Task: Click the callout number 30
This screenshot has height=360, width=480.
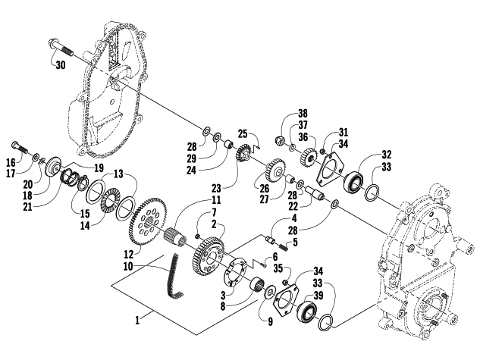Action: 61,65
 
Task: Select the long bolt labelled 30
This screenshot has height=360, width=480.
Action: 61,48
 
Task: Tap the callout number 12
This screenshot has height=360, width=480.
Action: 129,254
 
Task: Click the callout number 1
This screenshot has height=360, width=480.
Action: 137,321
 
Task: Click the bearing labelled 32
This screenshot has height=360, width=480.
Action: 353,183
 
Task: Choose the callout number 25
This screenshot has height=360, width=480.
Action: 243,133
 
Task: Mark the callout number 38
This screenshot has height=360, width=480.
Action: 303,114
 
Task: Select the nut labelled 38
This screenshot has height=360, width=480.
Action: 280,140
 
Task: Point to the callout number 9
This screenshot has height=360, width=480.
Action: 270,322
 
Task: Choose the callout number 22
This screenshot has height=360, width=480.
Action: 293,207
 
